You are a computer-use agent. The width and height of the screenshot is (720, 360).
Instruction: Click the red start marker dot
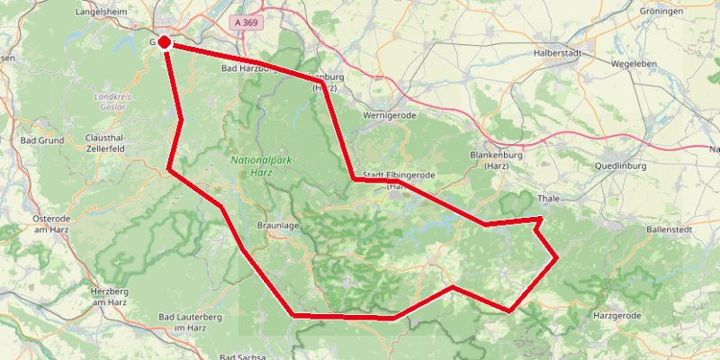tap(165, 41)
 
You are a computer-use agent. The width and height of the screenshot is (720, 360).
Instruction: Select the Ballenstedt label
tap(669, 230)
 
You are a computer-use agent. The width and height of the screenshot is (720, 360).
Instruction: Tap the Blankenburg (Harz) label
tap(498, 159)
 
